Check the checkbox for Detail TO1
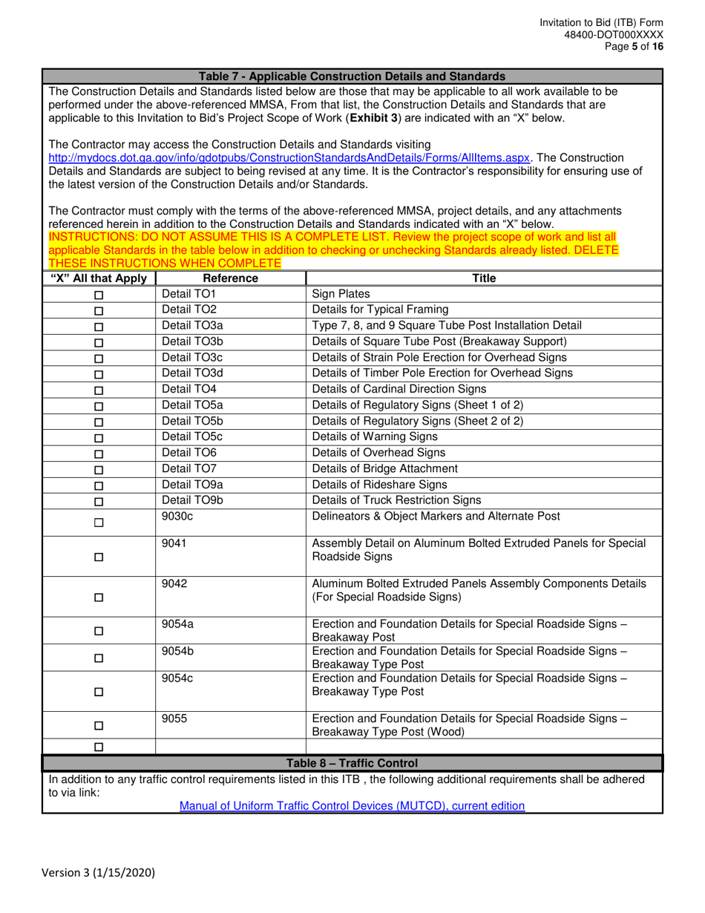point(99,295)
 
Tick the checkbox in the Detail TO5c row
point(99,437)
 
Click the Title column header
point(483,278)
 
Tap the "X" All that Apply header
point(99,278)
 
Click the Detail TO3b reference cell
point(192,341)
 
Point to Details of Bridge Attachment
point(385,468)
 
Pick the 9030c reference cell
point(177,517)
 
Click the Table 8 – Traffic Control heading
point(352,763)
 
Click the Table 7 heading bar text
point(352,76)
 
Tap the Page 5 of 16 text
point(634,46)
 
